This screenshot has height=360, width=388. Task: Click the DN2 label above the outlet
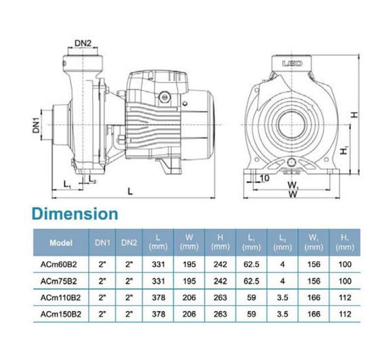83,43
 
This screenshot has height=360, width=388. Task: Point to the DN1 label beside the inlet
37,125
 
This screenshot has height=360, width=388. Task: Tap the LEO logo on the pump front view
292,64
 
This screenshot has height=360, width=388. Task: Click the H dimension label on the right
355,115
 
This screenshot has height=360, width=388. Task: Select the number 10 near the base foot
264,178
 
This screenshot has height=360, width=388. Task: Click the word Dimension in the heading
75,214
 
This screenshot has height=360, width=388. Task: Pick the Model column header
61,243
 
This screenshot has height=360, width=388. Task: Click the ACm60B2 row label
59,264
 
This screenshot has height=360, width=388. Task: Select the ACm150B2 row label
60,314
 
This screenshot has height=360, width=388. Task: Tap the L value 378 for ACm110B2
159,297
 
